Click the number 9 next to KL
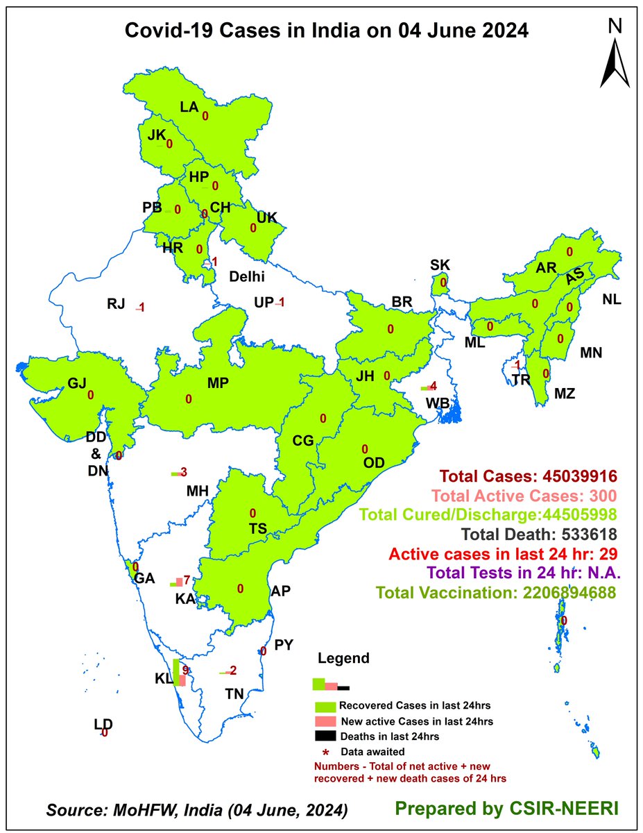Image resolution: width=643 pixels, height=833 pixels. coord(186,670)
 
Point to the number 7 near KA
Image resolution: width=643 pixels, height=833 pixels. coord(187,580)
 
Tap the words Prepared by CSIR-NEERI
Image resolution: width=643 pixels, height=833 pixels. coord(496,809)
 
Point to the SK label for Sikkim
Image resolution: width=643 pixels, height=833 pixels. coord(440,264)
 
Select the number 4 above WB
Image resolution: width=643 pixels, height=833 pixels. coord(433,387)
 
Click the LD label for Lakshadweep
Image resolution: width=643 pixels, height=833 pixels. coord(103,725)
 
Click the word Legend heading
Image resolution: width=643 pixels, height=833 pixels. coord(343,658)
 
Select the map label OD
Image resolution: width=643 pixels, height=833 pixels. coord(374,462)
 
